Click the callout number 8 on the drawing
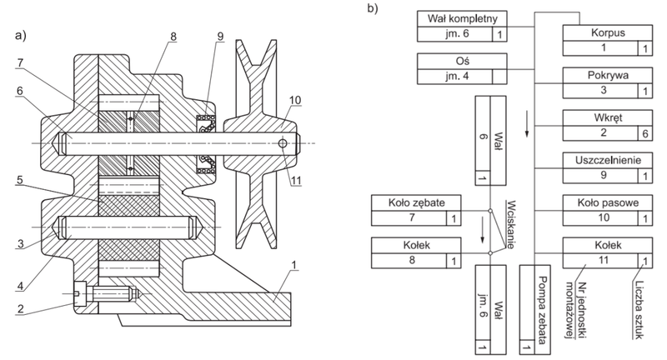[173, 37]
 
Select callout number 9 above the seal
[220, 36]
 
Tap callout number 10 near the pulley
[295, 100]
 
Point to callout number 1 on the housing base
[293, 266]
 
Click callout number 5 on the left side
[19, 180]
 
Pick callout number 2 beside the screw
[20, 308]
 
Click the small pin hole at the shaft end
[283, 143]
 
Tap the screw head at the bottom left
[79, 293]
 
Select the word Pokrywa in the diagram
[608, 75]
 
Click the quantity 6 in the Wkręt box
[644, 133]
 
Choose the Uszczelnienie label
[608, 160]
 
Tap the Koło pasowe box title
[608, 202]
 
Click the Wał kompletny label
[462, 18]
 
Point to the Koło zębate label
[416, 202]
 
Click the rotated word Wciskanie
[510, 224]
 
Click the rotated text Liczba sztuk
[638, 309]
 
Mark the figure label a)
[20, 35]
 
